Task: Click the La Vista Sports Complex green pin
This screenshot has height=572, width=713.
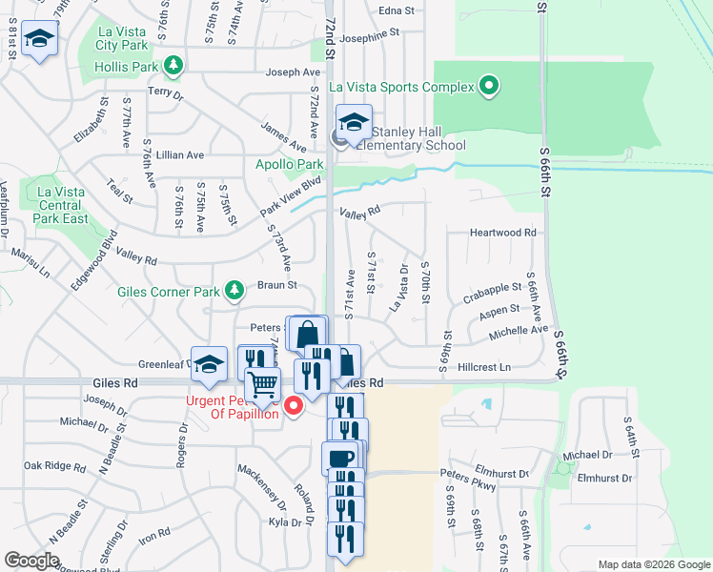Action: [x=489, y=87]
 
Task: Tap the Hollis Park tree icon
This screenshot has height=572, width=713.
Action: [x=173, y=65]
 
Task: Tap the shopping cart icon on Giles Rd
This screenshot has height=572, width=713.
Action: [x=262, y=384]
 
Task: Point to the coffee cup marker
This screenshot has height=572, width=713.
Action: [x=339, y=458]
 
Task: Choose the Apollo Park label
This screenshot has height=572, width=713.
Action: [x=290, y=165]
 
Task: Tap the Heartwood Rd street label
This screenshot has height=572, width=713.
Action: [x=503, y=232]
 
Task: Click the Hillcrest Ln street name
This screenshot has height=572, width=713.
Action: [x=484, y=367]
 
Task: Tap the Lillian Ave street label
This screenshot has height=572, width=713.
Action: [x=182, y=154]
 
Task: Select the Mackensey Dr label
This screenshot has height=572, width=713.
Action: [x=261, y=485]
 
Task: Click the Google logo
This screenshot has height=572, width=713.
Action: [x=31, y=561]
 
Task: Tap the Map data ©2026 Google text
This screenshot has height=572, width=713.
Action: [x=654, y=564]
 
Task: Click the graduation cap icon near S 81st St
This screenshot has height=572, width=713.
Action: [x=39, y=40]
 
